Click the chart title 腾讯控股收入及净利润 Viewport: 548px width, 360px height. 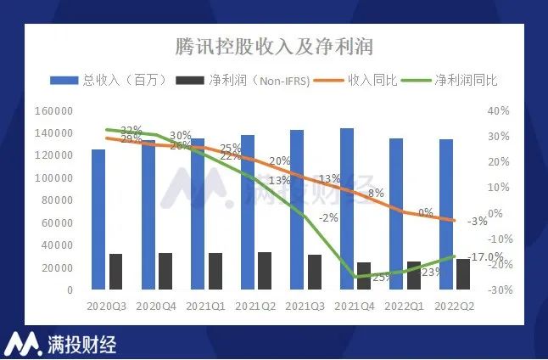273,45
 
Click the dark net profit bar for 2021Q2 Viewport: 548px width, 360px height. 265,271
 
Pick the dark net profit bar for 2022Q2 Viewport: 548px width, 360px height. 463,274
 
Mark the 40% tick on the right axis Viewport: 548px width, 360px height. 499,111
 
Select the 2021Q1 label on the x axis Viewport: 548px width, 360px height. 204,305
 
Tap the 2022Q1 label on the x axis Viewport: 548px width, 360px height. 402,305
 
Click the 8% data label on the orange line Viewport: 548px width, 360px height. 377,193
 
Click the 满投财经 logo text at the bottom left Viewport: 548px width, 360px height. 81,344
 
